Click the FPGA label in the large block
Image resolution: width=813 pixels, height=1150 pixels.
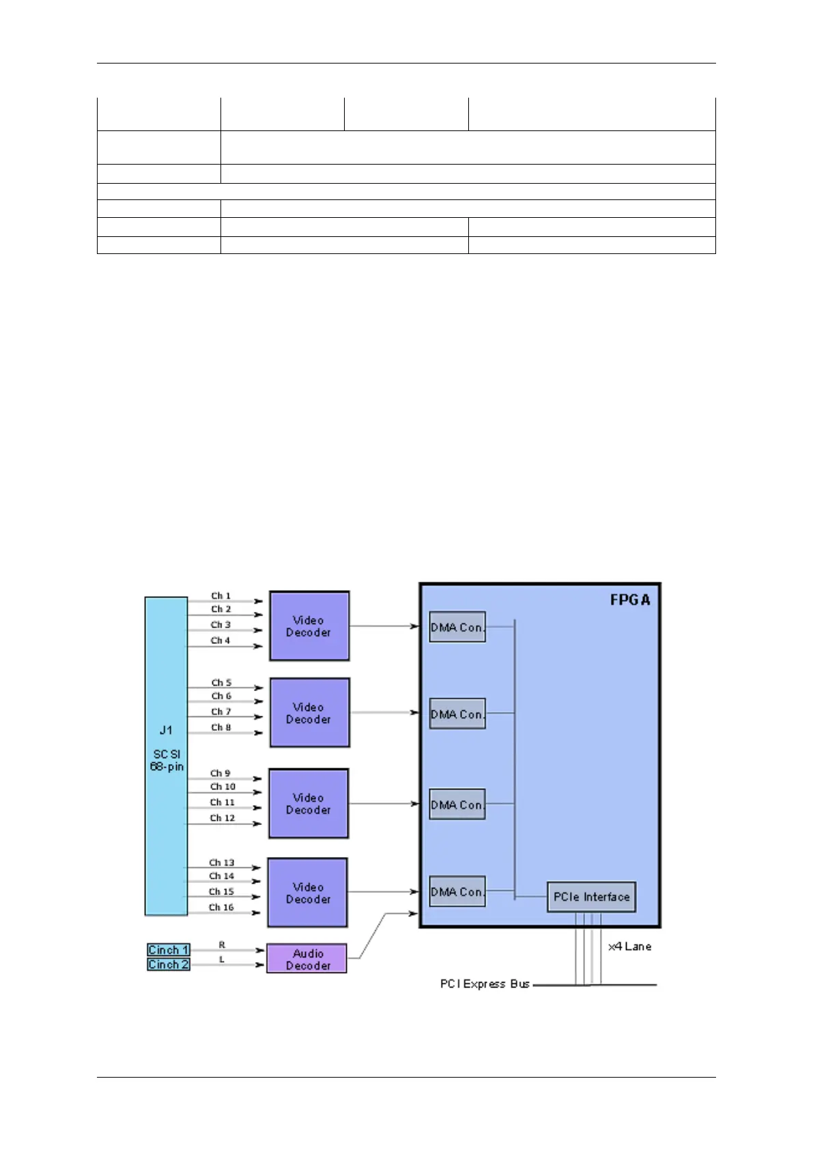[629, 600]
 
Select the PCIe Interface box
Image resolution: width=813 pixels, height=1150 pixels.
[591, 897]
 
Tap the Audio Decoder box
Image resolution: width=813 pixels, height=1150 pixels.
[307, 959]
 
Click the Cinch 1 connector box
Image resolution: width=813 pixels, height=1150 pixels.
[168, 950]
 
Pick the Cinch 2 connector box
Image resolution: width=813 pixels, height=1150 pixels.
[168, 964]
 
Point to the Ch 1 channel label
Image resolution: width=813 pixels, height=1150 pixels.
[220, 595]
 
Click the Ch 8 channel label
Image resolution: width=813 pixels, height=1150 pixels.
[220, 727]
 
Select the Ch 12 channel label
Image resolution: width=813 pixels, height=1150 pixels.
[222, 817]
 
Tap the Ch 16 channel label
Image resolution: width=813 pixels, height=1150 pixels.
[221, 907]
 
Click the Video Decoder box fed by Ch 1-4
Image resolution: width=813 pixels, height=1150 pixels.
[309, 626]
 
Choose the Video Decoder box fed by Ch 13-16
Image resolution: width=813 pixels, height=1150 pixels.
[308, 893]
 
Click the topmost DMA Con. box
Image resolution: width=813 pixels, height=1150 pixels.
[457, 627]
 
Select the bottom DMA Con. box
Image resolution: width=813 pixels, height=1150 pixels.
[457, 891]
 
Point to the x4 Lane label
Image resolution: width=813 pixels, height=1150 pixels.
[629, 946]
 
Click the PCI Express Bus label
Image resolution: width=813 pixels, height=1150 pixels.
[485, 984]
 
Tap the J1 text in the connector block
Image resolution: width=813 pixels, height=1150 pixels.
[166, 730]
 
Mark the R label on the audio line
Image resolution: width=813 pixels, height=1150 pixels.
[222, 945]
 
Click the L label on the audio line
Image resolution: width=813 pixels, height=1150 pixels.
[222, 959]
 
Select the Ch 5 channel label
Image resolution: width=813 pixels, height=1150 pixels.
[220, 682]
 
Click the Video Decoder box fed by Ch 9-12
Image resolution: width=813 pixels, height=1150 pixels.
[309, 804]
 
